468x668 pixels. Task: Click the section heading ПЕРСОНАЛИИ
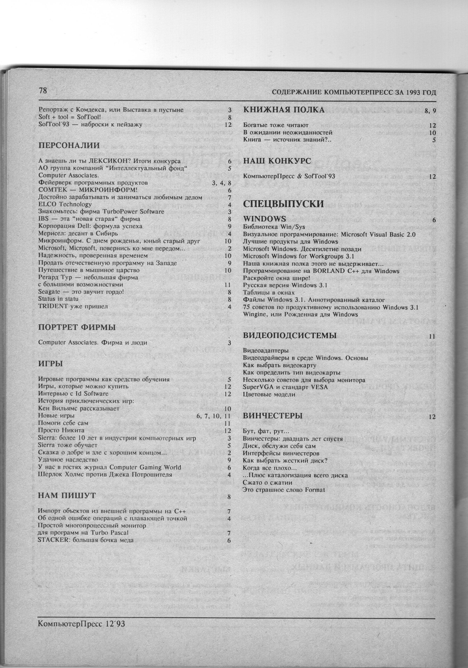click(69, 146)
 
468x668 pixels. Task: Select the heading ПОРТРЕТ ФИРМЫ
click(77, 327)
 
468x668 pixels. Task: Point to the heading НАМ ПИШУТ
click(67, 496)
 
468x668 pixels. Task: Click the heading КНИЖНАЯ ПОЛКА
click(283, 110)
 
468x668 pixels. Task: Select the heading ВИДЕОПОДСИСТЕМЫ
click(289, 335)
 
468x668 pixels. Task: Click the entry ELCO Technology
click(65, 204)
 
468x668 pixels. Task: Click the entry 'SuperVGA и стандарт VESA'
click(285, 387)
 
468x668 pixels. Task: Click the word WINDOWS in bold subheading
click(265, 219)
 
